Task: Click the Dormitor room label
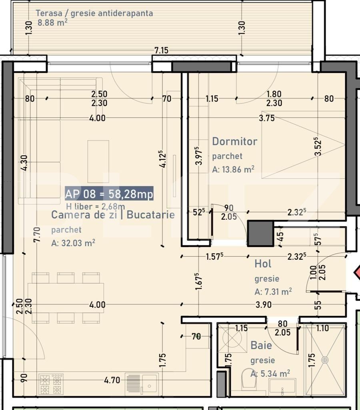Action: click(x=235, y=141)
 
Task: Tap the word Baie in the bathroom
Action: click(x=261, y=346)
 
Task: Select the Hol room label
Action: click(x=263, y=263)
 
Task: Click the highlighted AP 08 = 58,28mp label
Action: click(x=109, y=194)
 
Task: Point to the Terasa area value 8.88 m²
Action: click(x=52, y=22)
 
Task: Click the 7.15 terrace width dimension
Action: click(x=162, y=50)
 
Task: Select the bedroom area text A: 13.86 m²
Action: click(x=233, y=169)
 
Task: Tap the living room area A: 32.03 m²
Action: click(x=73, y=243)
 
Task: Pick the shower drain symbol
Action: click(x=325, y=360)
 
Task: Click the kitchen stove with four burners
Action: click(x=51, y=384)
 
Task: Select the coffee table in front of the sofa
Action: click(x=98, y=161)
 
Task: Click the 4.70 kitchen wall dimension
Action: click(x=112, y=380)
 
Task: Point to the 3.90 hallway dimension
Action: click(x=263, y=305)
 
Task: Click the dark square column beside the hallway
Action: click(x=260, y=233)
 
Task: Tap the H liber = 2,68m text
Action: click(x=95, y=206)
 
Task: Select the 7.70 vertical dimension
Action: click(x=37, y=235)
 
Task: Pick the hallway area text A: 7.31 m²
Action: click(x=273, y=291)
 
